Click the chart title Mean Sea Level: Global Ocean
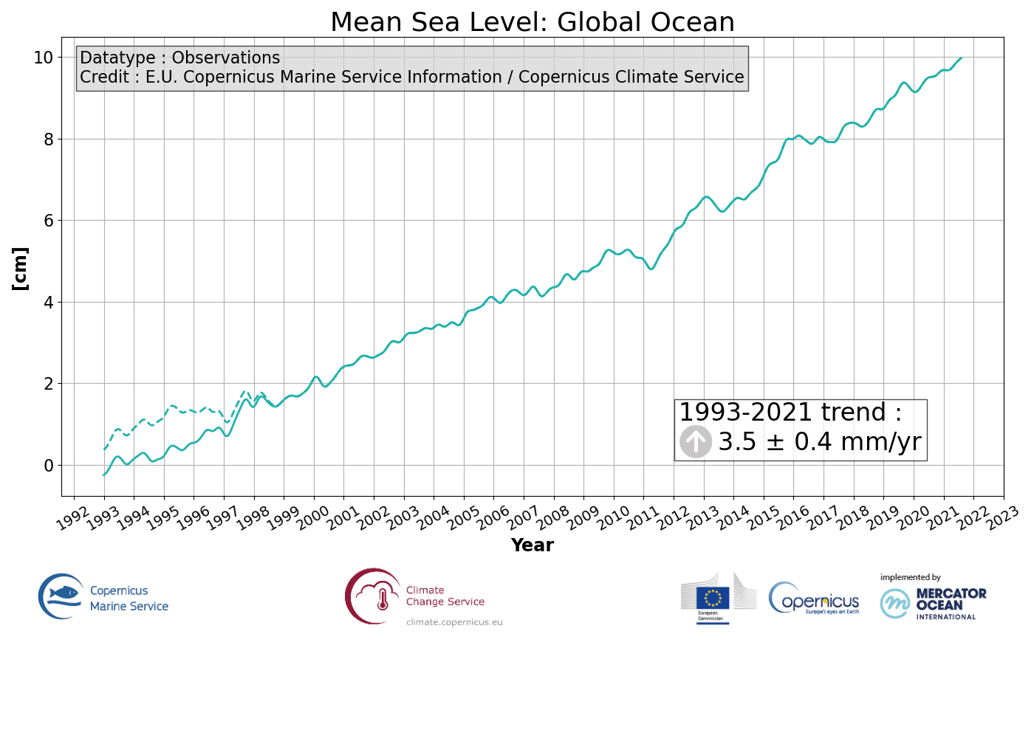[532, 22]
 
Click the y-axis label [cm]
[21, 269]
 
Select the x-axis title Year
[532, 545]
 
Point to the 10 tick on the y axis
[43, 58]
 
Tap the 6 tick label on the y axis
[49, 221]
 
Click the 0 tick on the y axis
[49, 466]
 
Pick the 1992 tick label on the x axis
[72, 519]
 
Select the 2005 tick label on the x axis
[462, 519]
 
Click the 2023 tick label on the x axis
[1002, 519]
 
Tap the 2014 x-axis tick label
[733, 519]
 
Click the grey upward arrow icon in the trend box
[695, 441]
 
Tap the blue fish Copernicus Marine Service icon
[61, 596]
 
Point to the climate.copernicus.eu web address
[454, 622]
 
